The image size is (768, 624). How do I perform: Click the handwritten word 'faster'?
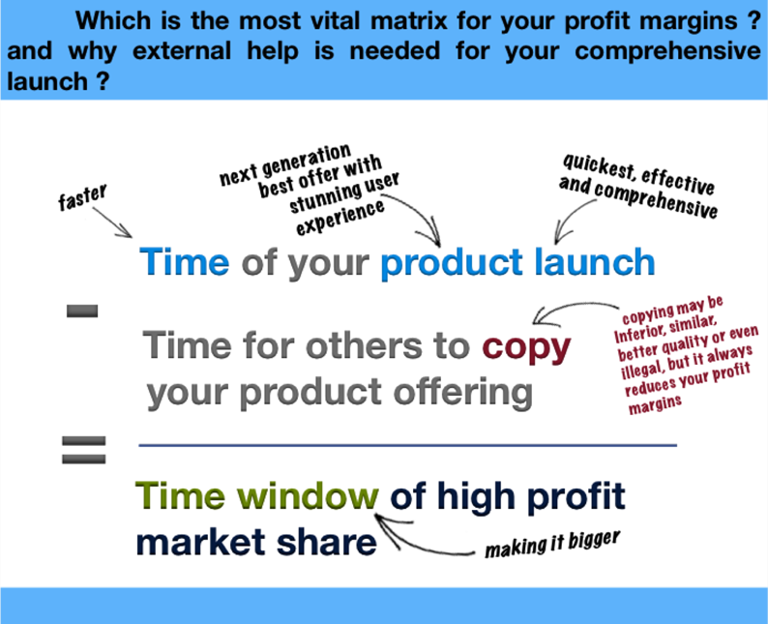82,197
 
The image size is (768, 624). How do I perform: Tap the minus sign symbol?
82,311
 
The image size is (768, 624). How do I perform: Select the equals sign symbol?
84,450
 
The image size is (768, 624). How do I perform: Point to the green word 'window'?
309,496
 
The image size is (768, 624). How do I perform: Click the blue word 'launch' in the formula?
595,262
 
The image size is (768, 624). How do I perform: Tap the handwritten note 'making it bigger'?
552,544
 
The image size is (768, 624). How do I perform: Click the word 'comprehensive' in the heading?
668,51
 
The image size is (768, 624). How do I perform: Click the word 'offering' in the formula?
463,394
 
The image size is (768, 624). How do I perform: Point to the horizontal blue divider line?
407,445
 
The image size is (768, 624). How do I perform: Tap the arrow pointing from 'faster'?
112,223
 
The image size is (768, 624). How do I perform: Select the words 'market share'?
256,543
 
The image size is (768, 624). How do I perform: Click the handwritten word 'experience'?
340,217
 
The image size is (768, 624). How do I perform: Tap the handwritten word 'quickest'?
599,167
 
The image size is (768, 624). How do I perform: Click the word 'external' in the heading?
182,51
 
